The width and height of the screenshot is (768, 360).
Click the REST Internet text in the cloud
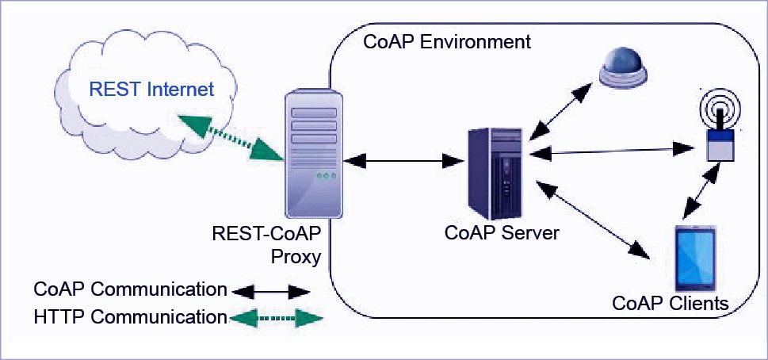(x=152, y=90)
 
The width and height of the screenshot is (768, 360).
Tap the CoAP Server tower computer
(x=498, y=174)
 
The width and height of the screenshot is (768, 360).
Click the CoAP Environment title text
(x=447, y=42)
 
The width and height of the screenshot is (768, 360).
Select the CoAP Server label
(x=502, y=232)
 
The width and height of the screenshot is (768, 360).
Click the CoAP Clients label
(x=671, y=303)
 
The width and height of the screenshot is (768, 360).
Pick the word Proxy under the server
(x=296, y=256)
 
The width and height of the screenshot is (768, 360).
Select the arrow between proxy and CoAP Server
(x=404, y=160)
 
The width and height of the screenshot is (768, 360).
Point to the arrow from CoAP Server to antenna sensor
(x=612, y=151)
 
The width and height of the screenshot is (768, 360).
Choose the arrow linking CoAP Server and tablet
(x=593, y=220)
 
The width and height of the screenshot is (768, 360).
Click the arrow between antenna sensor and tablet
(x=702, y=190)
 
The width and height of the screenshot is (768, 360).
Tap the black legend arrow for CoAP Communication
(x=271, y=293)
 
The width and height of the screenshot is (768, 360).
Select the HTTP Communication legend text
(x=130, y=317)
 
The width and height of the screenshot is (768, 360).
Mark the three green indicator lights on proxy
(x=327, y=175)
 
